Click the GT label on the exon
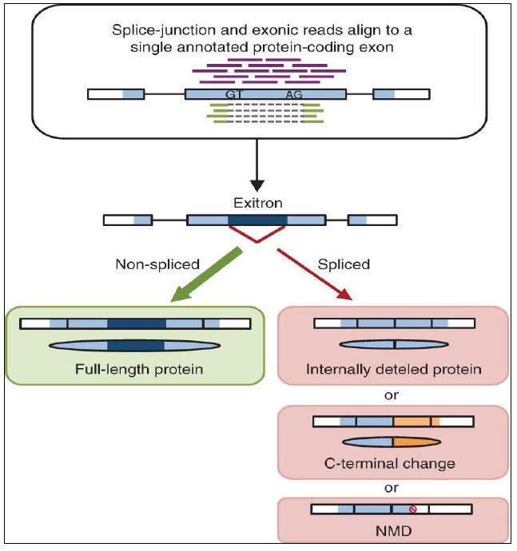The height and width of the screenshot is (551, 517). pyautogui.click(x=234, y=94)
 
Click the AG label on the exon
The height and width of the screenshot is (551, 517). pyautogui.click(x=294, y=94)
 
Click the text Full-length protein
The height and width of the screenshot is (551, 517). pyautogui.click(x=134, y=370)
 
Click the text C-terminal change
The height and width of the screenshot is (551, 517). pyautogui.click(x=392, y=463)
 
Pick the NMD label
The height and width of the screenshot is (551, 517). pyautogui.click(x=392, y=529)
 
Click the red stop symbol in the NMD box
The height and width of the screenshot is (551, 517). pyautogui.click(x=413, y=509)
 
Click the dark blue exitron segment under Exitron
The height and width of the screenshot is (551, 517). pyautogui.click(x=257, y=219)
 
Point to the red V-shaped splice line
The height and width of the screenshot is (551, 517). pyautogui.click(x=257, y=233)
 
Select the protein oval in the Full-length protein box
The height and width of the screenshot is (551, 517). pyautogui.click(x=134, y=346)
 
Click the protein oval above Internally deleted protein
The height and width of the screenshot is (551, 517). pyautogui.click(x=393, y=345)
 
